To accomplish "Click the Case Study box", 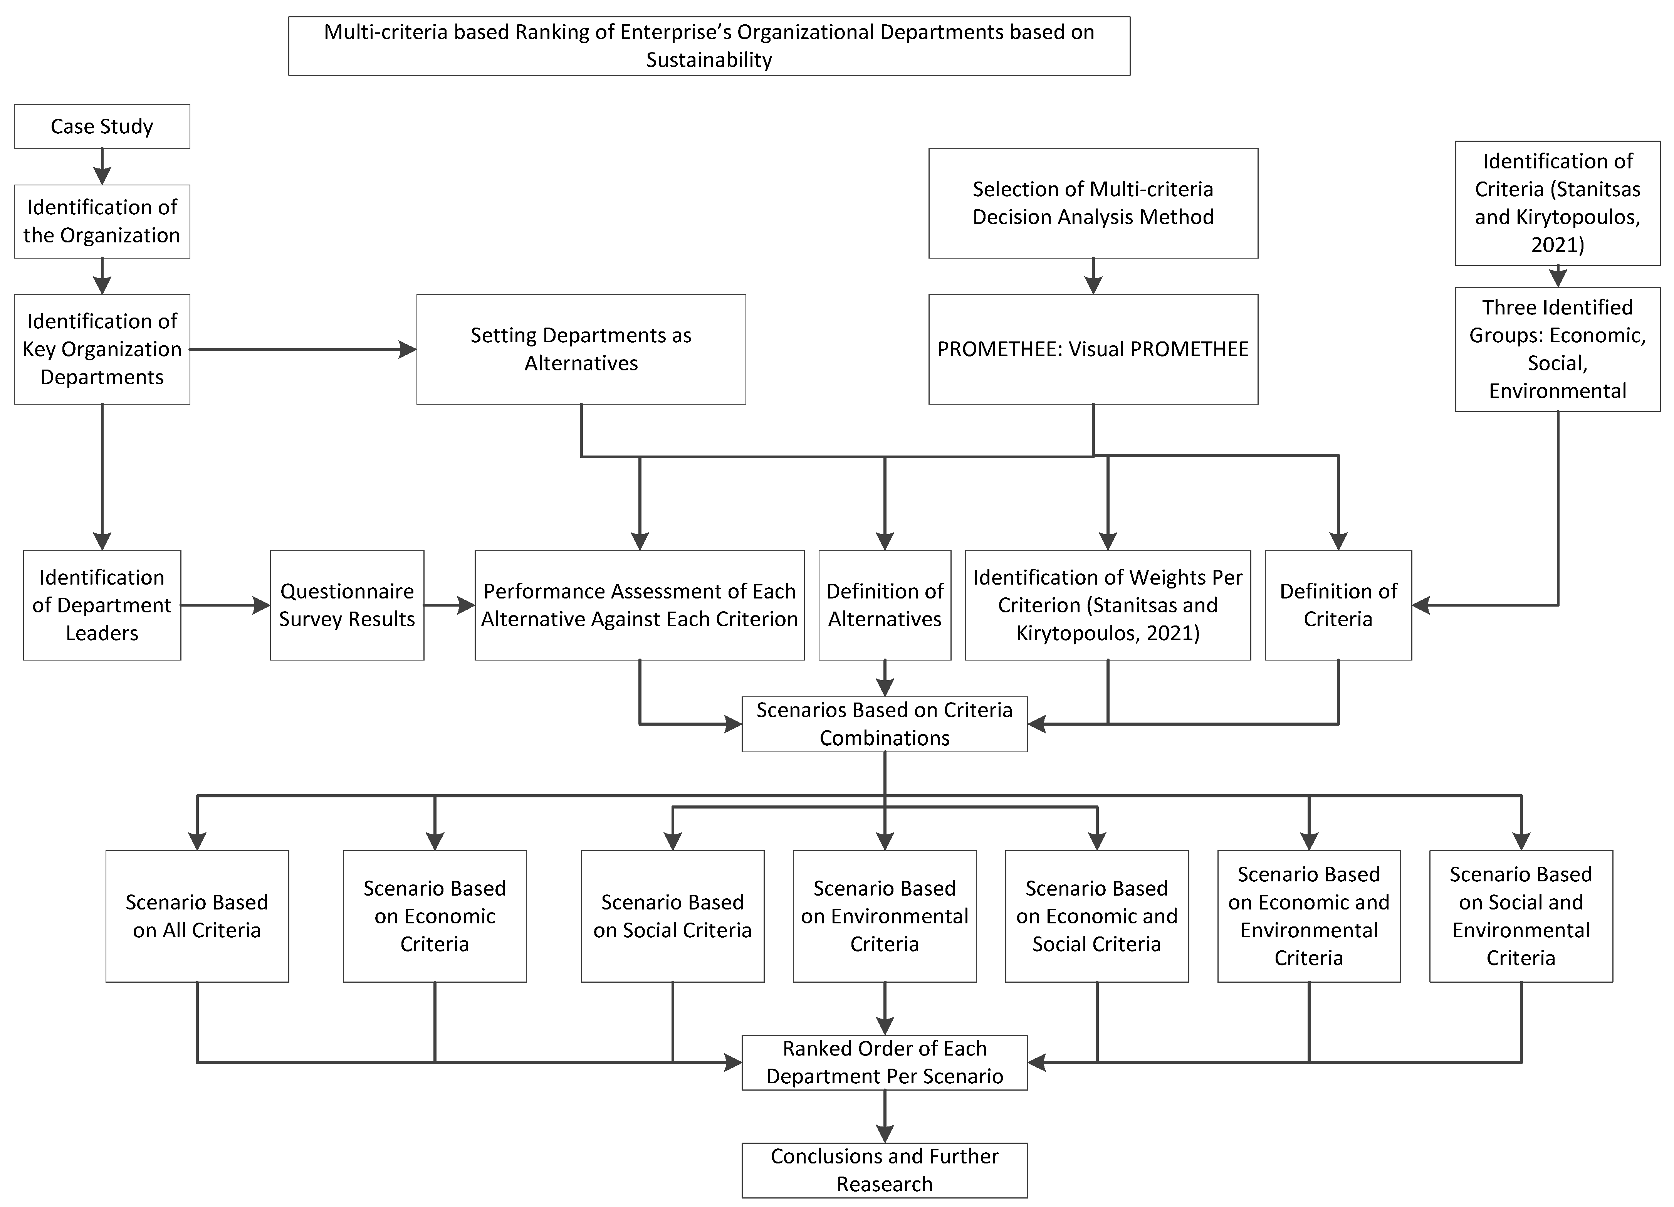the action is [102, 126].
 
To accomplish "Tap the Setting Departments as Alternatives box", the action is [581, 349].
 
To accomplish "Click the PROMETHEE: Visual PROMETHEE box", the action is [1093, 349].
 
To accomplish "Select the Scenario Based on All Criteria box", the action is [197, 916].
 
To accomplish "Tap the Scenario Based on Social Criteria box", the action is [672, 916].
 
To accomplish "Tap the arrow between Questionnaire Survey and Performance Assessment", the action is [450, 605].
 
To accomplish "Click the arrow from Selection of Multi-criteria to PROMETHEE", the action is [1093, 276].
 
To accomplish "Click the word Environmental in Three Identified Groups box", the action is [1557, 390].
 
